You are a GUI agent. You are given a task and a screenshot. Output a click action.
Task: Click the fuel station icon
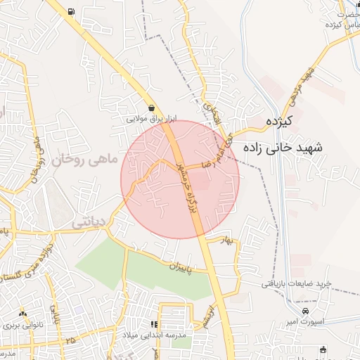click(71, 12)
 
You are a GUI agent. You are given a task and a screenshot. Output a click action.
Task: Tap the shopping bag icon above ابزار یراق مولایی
click(152, 108)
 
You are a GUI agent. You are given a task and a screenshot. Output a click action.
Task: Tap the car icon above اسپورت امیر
click(304, 311)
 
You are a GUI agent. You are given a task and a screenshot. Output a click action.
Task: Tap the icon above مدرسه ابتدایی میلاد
click(154, 324)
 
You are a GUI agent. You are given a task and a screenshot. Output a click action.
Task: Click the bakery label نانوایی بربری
click(23, 326)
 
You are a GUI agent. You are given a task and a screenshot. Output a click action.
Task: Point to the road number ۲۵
click(69, 340)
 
